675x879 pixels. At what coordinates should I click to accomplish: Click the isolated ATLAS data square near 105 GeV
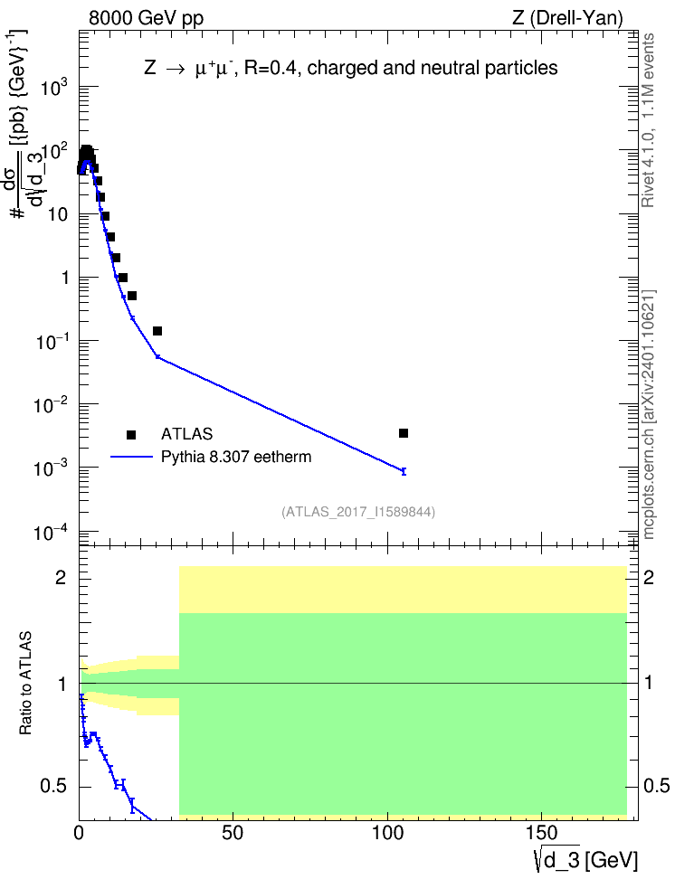pyautogui.click(x=404, y=433)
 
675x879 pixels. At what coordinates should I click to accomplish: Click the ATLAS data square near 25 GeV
pyautogui.click(x=157, y=331)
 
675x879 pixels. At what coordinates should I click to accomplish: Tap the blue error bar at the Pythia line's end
pyautogui.click(x=404, y=471)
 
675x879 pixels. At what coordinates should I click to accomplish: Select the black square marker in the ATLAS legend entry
pyautogui.click(x=131, y=434)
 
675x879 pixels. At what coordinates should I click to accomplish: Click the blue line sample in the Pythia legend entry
pyautogui.click(x=132, y=457)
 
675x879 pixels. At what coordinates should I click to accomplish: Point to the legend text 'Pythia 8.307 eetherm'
pyautogui.click(x=236, y=457)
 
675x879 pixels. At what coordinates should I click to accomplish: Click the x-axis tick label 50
pyautogui.click(x=233, y=834)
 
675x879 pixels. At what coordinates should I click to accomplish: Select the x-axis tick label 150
pyautogui.click(x=542, y=834)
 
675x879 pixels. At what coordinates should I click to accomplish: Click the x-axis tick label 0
pyautogui.click(x=79, y=834)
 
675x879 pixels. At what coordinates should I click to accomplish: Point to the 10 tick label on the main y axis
pyautogui.click(x=58, y=214)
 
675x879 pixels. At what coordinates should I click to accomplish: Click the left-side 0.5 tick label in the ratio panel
pyautogui.click(x=55, y=787)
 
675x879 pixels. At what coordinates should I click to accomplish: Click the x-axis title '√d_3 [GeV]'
pyautogui.click(x=585, y=860)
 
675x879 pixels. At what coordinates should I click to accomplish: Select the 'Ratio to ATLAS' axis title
pyautogui.click(x=25, y=684)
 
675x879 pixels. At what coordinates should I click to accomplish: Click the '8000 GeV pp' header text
pyautogui.click(x=146, y=18)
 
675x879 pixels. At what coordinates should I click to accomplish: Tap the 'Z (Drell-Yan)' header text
pyautogui.click(x=567, y=18)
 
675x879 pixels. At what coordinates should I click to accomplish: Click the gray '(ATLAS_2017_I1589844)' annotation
pyautogui.click(x=358, y=512)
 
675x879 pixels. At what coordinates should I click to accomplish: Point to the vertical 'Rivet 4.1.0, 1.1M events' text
pyautogui.click(x=649, y=120)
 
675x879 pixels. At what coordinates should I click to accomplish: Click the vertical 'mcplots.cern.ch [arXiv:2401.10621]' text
pyautogui.click(x=649, y=414)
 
